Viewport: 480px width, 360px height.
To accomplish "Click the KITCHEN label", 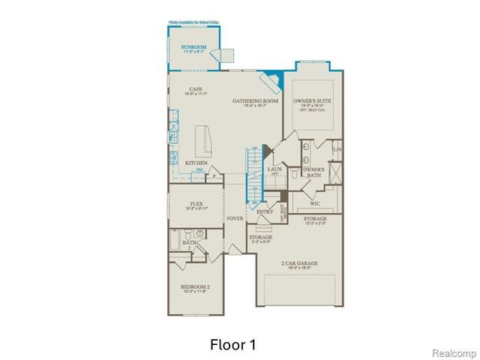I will click(196, 163).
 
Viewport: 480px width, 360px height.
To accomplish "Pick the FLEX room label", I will click(196, 202).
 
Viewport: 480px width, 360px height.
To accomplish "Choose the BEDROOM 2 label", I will click(194, 287).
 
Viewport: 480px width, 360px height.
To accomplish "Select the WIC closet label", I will click(315, 202).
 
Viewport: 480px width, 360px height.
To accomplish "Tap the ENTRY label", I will click(265, 211).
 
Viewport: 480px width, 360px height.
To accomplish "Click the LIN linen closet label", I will click(337, 150).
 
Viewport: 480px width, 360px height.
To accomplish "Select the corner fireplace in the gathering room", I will click(271, 79).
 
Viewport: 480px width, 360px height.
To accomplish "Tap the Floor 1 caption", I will click(232, 345).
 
